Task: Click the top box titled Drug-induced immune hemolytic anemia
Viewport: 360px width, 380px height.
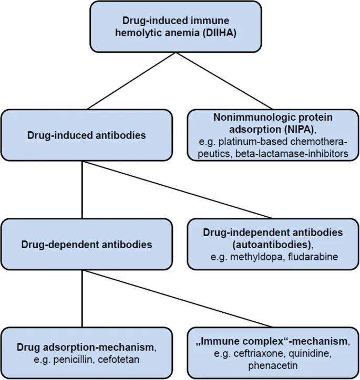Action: tap(176, 26)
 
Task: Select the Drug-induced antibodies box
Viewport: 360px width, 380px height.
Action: tap(86, 135)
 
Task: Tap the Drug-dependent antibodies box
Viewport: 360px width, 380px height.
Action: tap(86, 244)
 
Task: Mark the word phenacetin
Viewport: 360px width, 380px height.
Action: tap(273, 365)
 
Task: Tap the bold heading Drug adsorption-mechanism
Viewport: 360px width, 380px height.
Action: tap(84, 347)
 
